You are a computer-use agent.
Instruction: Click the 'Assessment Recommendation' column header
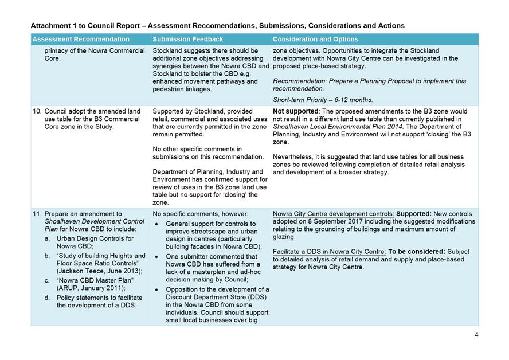coord(80,40)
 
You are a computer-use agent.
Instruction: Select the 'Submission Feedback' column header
coord(187,40)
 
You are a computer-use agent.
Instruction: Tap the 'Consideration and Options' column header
coord(315,40)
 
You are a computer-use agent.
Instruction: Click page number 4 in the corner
coord(476,335)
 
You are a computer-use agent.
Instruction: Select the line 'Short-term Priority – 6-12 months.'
coord(322,100)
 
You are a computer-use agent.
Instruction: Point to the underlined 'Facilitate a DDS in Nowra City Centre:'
coord(329,252)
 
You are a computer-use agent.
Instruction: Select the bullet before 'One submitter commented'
coord(158,257)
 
